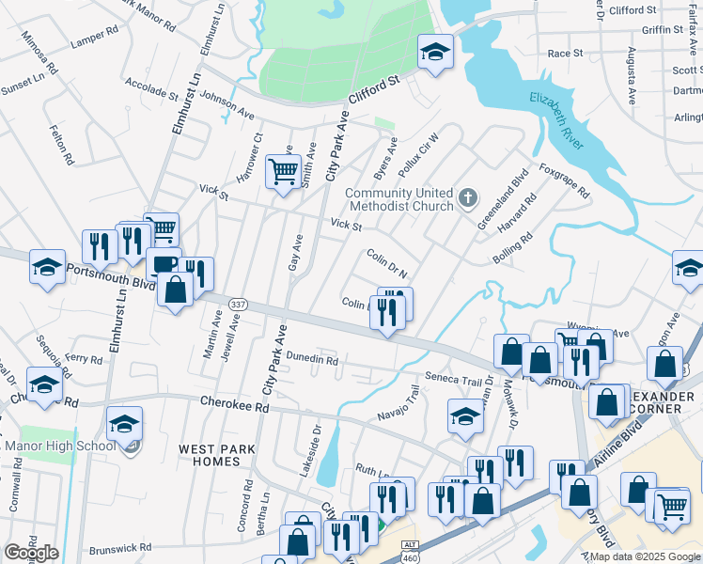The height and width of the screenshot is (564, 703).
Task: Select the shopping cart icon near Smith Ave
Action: pos(283,172)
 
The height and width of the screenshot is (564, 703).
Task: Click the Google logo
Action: pos(31,552)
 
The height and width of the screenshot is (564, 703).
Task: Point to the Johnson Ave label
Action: pos(227,103)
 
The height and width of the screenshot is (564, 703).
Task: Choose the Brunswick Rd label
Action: pos(120,546)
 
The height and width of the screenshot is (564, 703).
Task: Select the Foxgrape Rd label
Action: pos(564,181)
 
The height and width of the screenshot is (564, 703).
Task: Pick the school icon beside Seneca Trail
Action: pos(465,415)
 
